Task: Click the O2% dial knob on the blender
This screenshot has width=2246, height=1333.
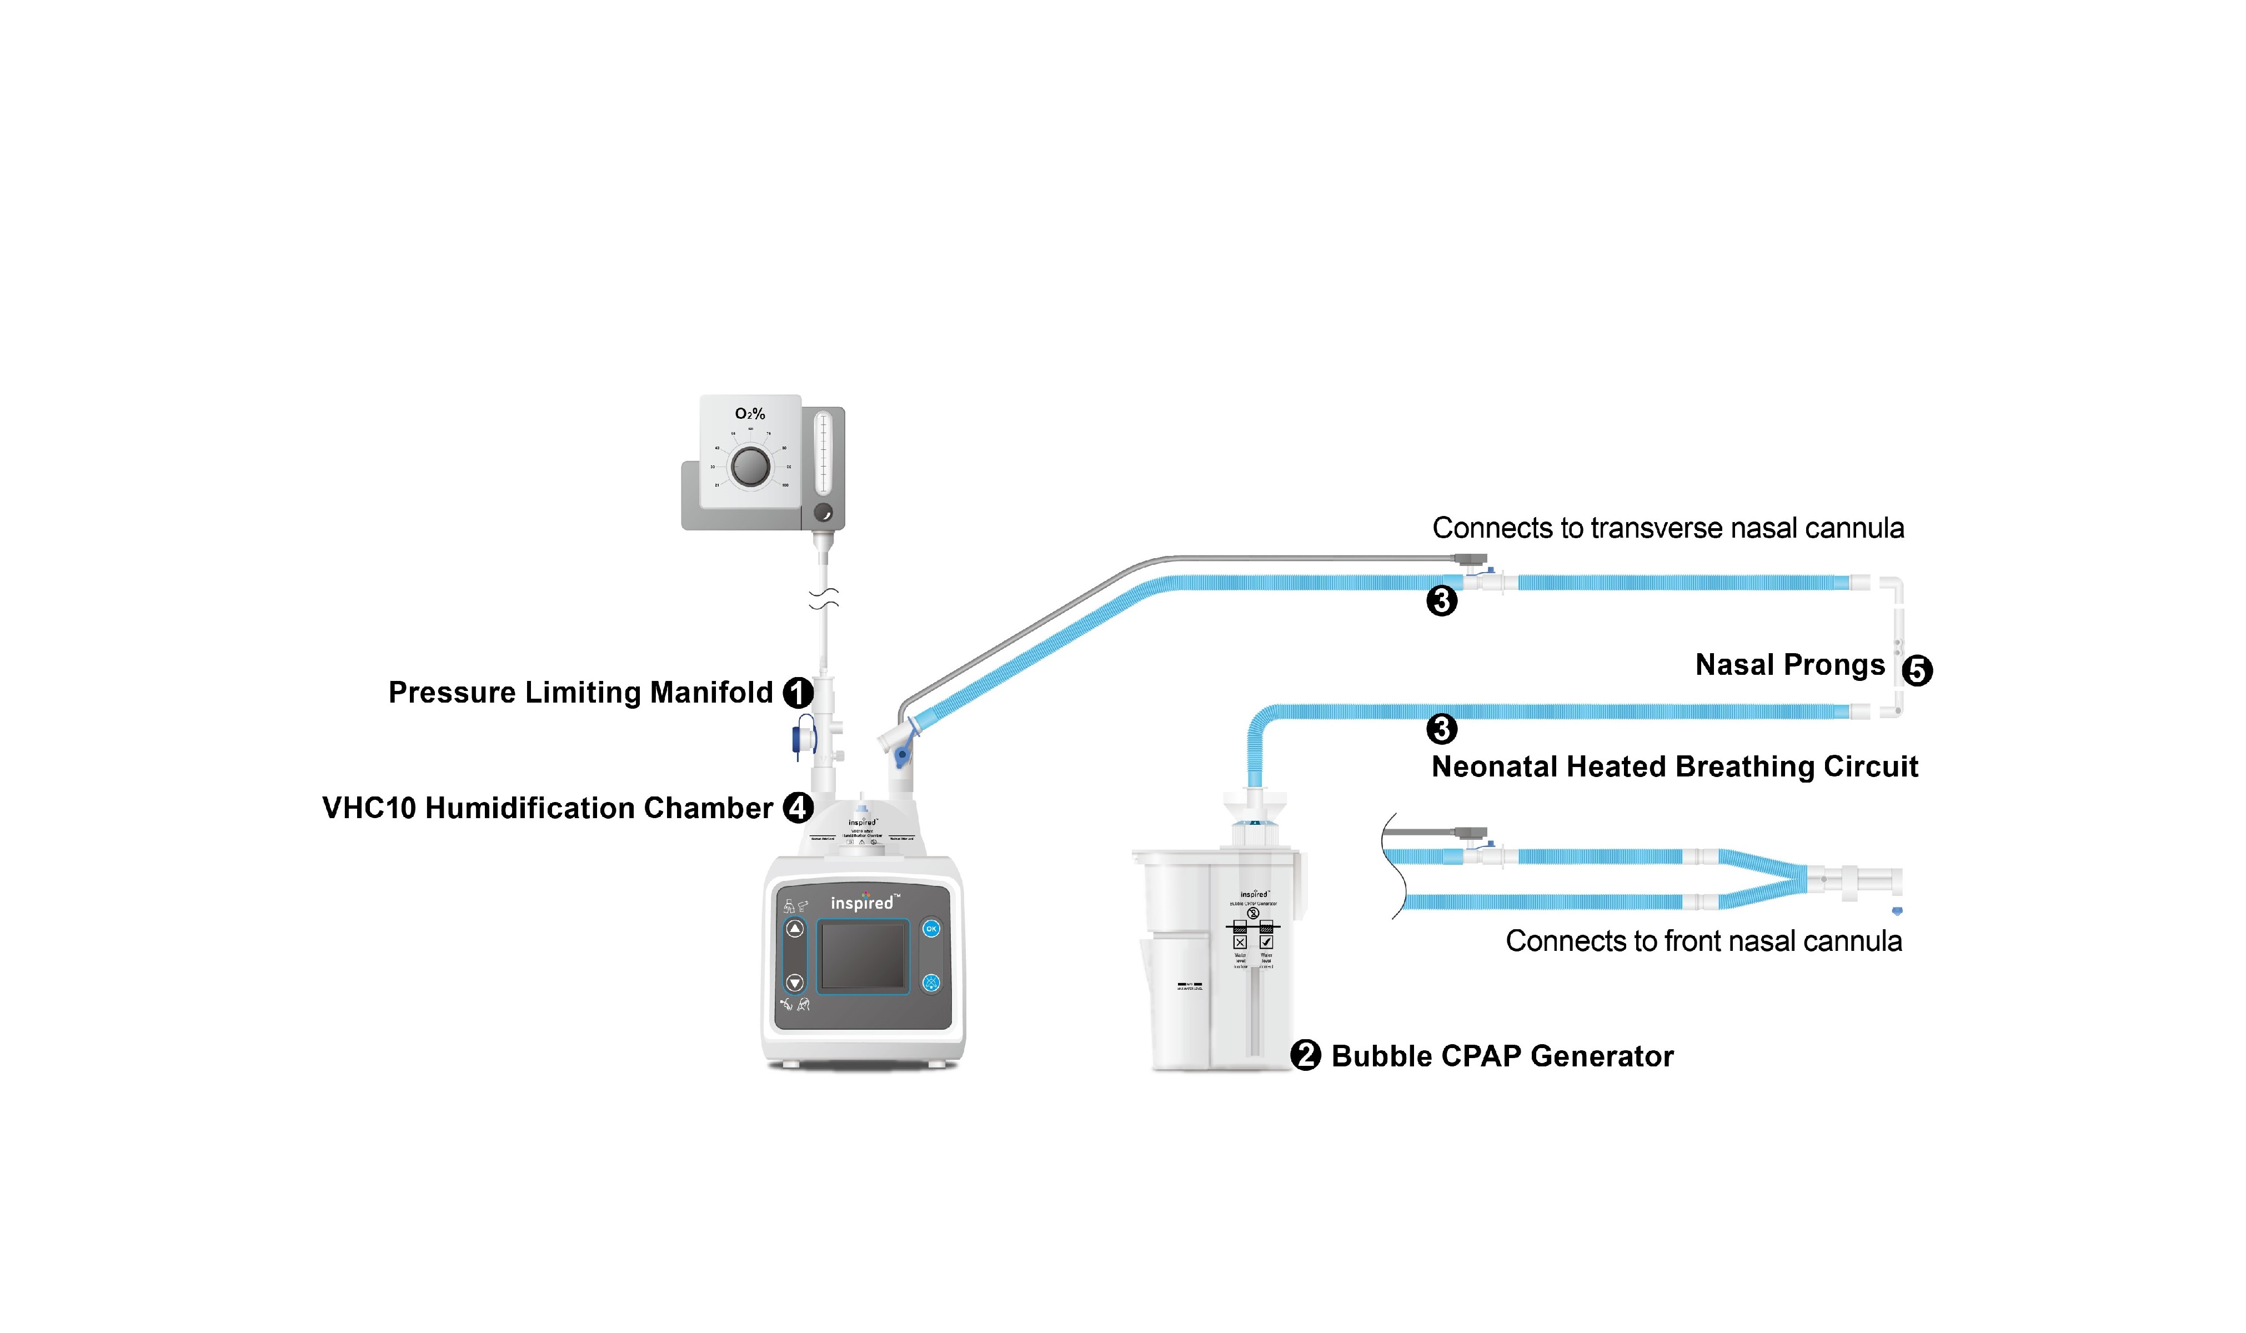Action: [750, 466]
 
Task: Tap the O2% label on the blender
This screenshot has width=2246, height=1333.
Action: [750, 414]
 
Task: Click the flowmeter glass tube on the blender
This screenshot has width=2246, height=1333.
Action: [822, 454]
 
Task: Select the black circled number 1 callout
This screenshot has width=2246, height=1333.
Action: [798, 693]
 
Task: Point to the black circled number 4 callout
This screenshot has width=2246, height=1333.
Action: [798, 808]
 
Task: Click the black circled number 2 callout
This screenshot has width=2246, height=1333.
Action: [1305, 1055]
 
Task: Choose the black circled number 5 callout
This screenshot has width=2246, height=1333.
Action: [1917, 670]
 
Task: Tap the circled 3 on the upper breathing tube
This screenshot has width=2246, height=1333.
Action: [1441, 600]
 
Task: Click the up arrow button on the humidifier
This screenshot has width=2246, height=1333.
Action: [795, 929]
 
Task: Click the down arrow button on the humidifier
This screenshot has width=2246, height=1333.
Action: [795, 982]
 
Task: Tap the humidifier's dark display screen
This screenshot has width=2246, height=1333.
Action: [862, 956]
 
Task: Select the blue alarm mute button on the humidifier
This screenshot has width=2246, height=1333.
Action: [931, 983]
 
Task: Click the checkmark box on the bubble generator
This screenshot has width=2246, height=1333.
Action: [1266, 942]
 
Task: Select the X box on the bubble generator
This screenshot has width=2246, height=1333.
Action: [1240, 942]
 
